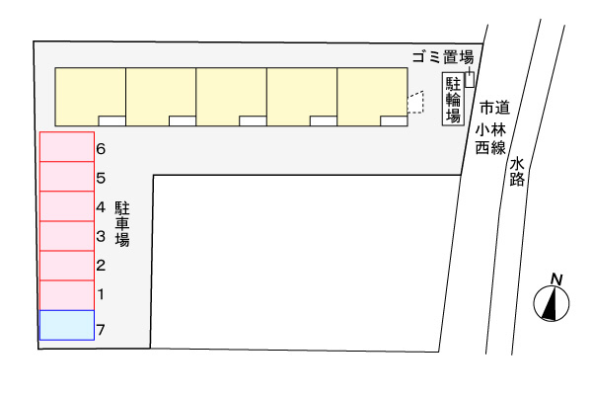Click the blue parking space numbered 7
click(x=67, y=325)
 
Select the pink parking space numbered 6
click(x=67, y=147)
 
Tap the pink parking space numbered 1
click(x=67, y=295)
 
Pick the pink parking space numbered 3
click(x=67, y=236)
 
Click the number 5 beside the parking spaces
click(x=101, y=178)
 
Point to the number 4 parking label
click(x=101, y=207)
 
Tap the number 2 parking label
click(x=101, y=266)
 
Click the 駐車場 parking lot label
click(x=122, y=224)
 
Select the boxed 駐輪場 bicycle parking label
click(x=453, y=99)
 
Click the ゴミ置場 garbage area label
click(x=442, y=57)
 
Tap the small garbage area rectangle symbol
click(x=470, y=79)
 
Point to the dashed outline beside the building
click(x=415, y=102)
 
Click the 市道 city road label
click(x=495, y=108)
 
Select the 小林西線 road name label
click(x=490, y=139)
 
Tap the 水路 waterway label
click(x=517, y=172)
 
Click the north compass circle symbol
click(x=552, y=303)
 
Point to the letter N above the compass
click(x=556, y=279)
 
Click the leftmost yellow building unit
click(x=91, y=97)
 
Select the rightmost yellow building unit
click(x=372, y=97)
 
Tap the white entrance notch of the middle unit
click(x=253, y=120)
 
